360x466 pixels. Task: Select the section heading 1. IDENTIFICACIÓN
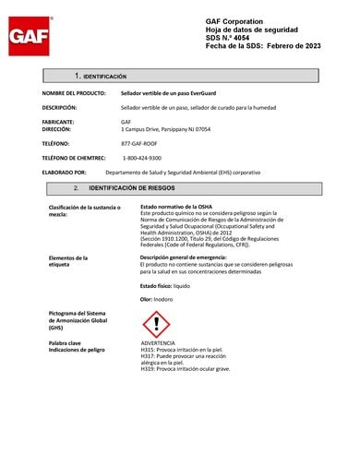pos(101,75)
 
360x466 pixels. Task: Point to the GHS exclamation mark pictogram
pos(156,323)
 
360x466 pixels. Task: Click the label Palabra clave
pos(68,343)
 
